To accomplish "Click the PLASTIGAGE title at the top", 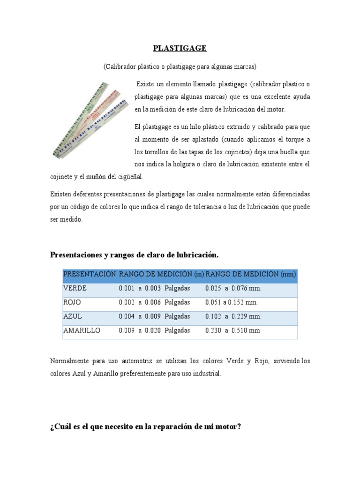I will [180, 48].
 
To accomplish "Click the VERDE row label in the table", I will [75, 288].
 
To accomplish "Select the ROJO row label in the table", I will [72, 302].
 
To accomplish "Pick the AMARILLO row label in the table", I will [82, 330].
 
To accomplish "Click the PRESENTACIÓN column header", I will [89, 274].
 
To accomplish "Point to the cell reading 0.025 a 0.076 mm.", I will [233, 288].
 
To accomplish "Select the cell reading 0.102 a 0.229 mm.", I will [233, 316].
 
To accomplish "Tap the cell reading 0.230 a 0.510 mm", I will [232, 330].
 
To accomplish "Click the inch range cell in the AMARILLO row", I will [154, 330].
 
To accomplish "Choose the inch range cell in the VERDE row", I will [154, 288].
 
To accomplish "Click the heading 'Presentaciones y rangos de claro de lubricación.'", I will [134, 255].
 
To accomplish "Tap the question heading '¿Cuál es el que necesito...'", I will [145, 428].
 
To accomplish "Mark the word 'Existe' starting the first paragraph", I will [145, 84].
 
